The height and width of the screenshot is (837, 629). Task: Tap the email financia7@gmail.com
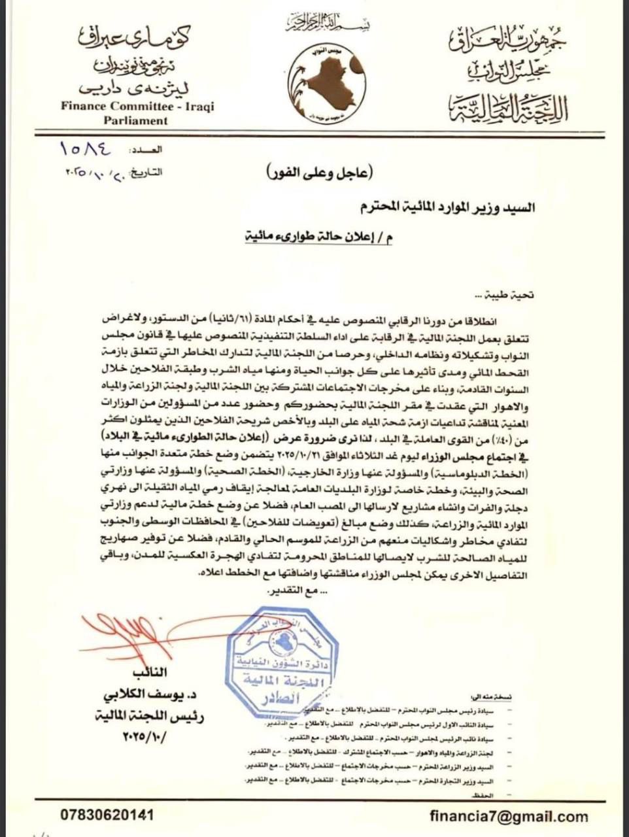[509, 815]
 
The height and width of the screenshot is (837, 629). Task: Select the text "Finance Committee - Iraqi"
[137, 107]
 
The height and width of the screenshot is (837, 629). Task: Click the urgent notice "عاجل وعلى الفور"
[320, 173]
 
